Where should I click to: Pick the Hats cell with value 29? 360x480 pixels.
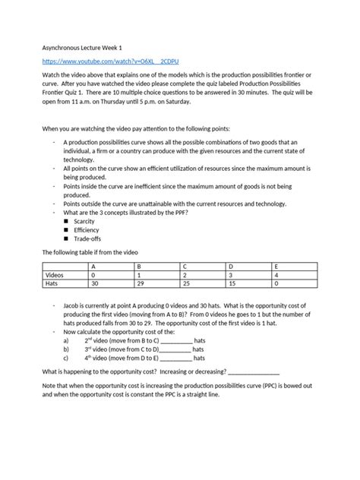coord(139,283)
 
